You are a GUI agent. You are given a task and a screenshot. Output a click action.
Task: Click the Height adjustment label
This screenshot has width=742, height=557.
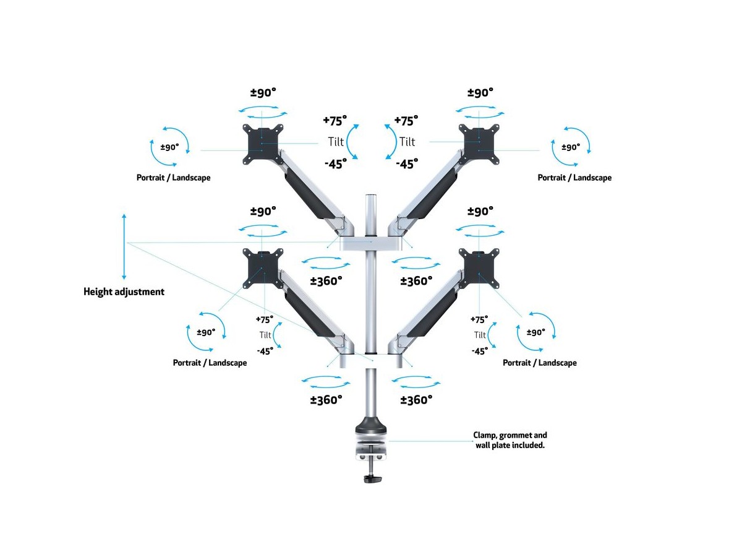point(124,291)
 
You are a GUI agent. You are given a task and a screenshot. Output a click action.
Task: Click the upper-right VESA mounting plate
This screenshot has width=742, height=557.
point(479,144)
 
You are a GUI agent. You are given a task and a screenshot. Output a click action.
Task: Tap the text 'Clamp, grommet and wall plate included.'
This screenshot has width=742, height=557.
point(510,440)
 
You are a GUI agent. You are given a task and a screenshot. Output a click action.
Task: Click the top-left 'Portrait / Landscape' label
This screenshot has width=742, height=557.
point(173,178)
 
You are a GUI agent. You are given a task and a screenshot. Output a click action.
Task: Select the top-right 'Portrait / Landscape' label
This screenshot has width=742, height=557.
point(574,178)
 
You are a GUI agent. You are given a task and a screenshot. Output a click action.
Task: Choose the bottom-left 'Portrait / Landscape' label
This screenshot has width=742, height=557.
point(210,363)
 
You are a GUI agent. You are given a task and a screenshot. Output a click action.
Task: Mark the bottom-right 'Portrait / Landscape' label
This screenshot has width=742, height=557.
point(540,363)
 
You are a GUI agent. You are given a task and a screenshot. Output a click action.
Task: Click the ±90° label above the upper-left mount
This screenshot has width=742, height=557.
point(263,93)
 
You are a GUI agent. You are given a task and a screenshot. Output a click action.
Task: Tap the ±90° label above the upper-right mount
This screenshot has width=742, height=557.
point(480,93)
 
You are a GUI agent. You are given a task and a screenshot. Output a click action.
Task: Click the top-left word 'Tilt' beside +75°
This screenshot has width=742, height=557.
point(335,142)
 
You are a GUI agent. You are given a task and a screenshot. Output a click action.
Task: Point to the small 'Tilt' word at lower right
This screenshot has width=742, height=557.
point(480,335)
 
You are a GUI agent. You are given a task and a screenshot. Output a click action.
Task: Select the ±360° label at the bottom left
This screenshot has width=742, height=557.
point(326,400)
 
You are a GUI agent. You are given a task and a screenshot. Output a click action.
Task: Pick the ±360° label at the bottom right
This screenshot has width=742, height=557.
point(416,400)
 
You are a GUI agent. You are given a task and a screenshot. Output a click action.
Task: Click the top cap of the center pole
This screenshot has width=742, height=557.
point(371,198)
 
